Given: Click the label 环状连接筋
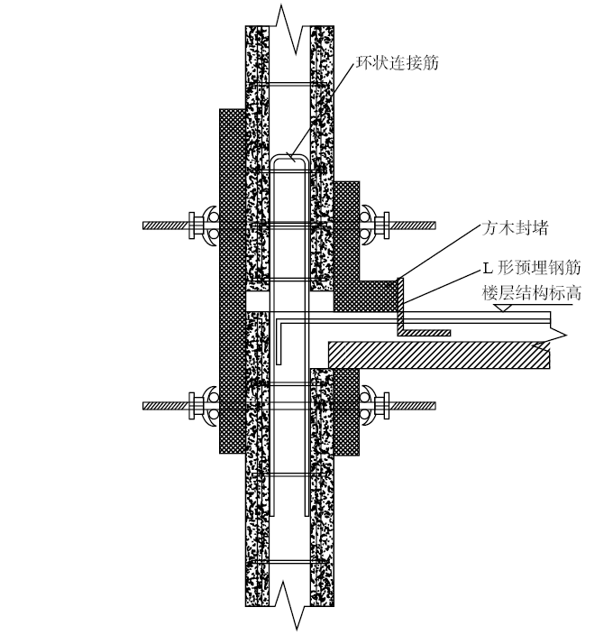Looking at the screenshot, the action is pos(398,63).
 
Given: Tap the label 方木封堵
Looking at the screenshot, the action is pos(515,228).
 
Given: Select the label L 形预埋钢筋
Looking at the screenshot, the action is pos(532,268).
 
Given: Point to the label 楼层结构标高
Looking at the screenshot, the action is pos(532,292).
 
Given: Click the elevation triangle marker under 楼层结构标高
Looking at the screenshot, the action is pos(503,308).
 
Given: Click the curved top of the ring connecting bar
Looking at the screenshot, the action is pos(289,156).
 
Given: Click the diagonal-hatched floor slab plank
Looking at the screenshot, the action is pos(439,354).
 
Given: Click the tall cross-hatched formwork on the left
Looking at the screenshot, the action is pos(233,281).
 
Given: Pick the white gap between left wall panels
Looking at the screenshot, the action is pos(258,301).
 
